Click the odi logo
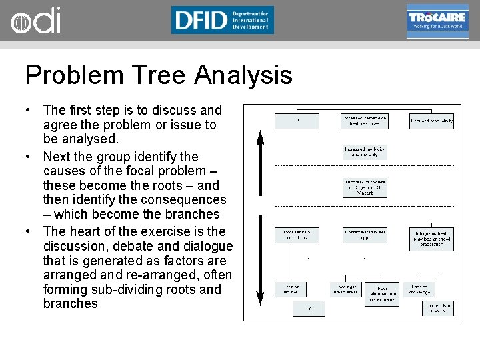click(x=35, y=20)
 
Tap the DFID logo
click(x=222, y=20)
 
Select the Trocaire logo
click(x=437, y=21)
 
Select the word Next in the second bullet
click(x=57, y=157)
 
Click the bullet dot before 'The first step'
click(x=29, y=110)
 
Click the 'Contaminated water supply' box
click(x=365, y=235)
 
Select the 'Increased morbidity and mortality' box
click(x=365, y=151)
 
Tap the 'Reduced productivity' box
click(x=431, y=121)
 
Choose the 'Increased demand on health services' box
click(x=365, y=121)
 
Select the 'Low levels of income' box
click(x=437, y=308)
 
